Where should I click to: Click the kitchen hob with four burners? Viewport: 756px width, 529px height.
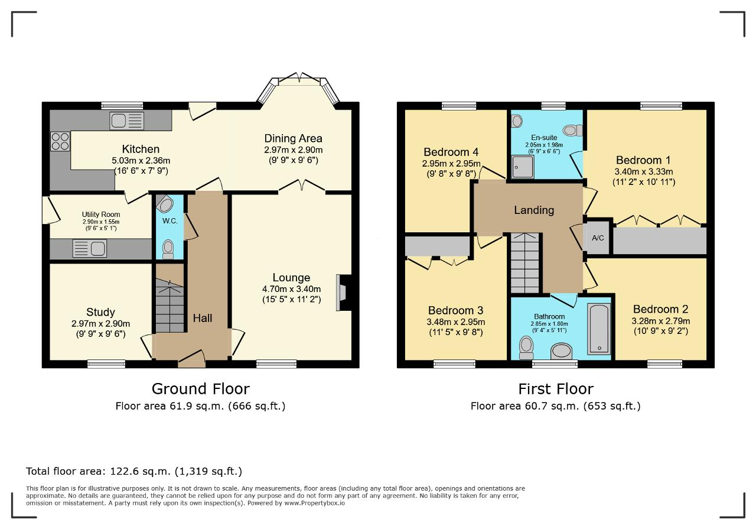pos(60,141)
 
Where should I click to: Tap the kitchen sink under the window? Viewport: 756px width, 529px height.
pos(126,121)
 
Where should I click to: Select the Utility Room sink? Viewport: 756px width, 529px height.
pos(89,248)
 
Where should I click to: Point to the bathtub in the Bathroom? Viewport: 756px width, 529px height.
pos(599,329)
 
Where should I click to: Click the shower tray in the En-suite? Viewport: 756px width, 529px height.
pos(523,167)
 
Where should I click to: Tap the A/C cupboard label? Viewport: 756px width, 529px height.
pos(598,238)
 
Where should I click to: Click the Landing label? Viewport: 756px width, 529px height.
pos(534,210)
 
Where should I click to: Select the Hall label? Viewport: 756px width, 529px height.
pos(203,318)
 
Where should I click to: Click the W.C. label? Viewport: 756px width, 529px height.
pos(170,221)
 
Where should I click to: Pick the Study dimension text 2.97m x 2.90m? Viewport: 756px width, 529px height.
pos(100,323)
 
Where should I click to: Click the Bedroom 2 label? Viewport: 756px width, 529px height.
pos(660,309)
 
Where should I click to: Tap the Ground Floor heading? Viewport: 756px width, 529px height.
pos(200,389)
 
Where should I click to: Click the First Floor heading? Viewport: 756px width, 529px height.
pos(556,389)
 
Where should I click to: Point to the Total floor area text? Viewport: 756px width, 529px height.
pos(134,471)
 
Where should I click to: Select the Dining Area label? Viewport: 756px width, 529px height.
pos(293,138)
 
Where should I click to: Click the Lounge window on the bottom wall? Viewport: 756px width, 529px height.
pos(276,364)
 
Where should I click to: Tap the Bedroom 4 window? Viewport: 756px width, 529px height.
pos(459,106)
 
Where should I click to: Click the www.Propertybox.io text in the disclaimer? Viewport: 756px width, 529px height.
pos(315,503)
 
